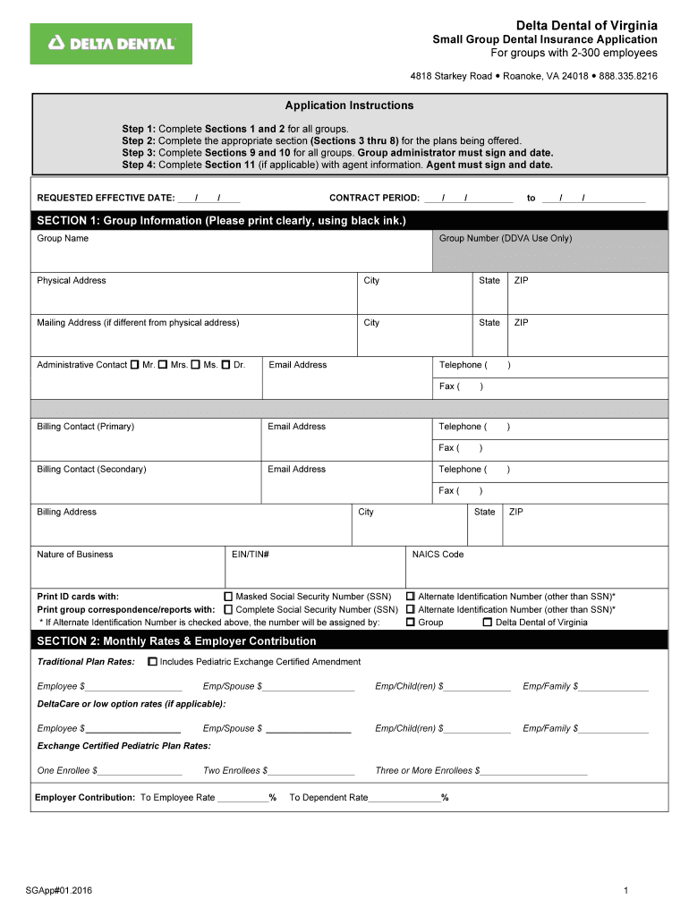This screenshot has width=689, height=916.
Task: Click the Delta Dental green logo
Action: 111,43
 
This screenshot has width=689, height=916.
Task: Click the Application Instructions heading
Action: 349,106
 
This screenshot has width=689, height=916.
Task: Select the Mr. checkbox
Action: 135,365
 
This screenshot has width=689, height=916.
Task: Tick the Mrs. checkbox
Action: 163,365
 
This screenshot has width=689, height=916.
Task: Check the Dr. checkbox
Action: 226,365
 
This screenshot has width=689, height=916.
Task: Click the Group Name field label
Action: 63,239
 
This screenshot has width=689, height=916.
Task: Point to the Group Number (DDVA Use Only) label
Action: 506,239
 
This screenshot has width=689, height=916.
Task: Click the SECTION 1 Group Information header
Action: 221,220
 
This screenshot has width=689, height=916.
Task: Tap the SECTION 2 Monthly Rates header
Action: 176,641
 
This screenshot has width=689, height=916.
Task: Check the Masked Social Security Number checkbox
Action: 228,597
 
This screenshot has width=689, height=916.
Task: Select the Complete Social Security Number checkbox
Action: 228,609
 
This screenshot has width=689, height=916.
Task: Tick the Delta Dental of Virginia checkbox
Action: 487,623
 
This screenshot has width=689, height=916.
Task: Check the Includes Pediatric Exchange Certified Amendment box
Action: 152,662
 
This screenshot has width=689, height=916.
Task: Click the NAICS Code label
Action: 438,555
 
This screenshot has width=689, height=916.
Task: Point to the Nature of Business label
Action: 75,555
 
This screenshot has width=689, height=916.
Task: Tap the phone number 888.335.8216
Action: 628,77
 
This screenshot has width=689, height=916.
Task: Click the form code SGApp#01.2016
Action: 59,890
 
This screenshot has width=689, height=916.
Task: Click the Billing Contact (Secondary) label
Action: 91,470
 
